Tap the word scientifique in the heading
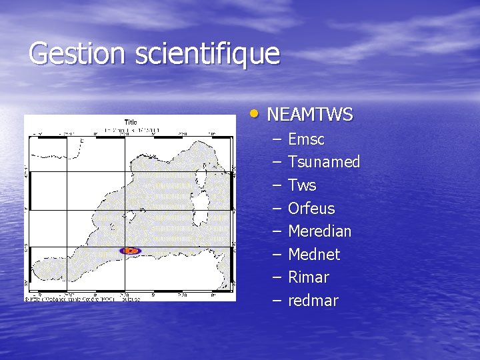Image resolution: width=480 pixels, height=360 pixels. click(x=207, y=53)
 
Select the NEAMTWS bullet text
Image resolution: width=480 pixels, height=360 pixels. click(x=309, y=115)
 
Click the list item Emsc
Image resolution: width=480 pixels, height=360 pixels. click(x=306, y=139)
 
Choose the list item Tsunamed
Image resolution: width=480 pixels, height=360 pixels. click(x=324, y=162)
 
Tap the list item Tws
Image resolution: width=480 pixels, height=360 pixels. click(x=302, y=185)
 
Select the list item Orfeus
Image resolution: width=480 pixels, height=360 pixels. click(x=311, y=209)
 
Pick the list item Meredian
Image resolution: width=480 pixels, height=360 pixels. click(x=319, y=231)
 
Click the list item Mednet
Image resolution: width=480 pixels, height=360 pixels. click(x=314, y=255)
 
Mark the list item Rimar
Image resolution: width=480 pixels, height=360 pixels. click(x=309, y=277)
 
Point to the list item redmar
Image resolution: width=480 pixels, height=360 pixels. click(x=313, y=301)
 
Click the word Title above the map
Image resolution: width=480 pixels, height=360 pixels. click(x=131, y=122)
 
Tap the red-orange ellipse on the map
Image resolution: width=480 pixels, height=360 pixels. click(x=131, y=251)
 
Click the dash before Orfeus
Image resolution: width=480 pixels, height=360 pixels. click(x=277, y=209)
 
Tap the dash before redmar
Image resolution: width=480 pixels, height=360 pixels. click(x=277, y=301)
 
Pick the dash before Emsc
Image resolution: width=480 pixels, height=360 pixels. click(x=277, y=139)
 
